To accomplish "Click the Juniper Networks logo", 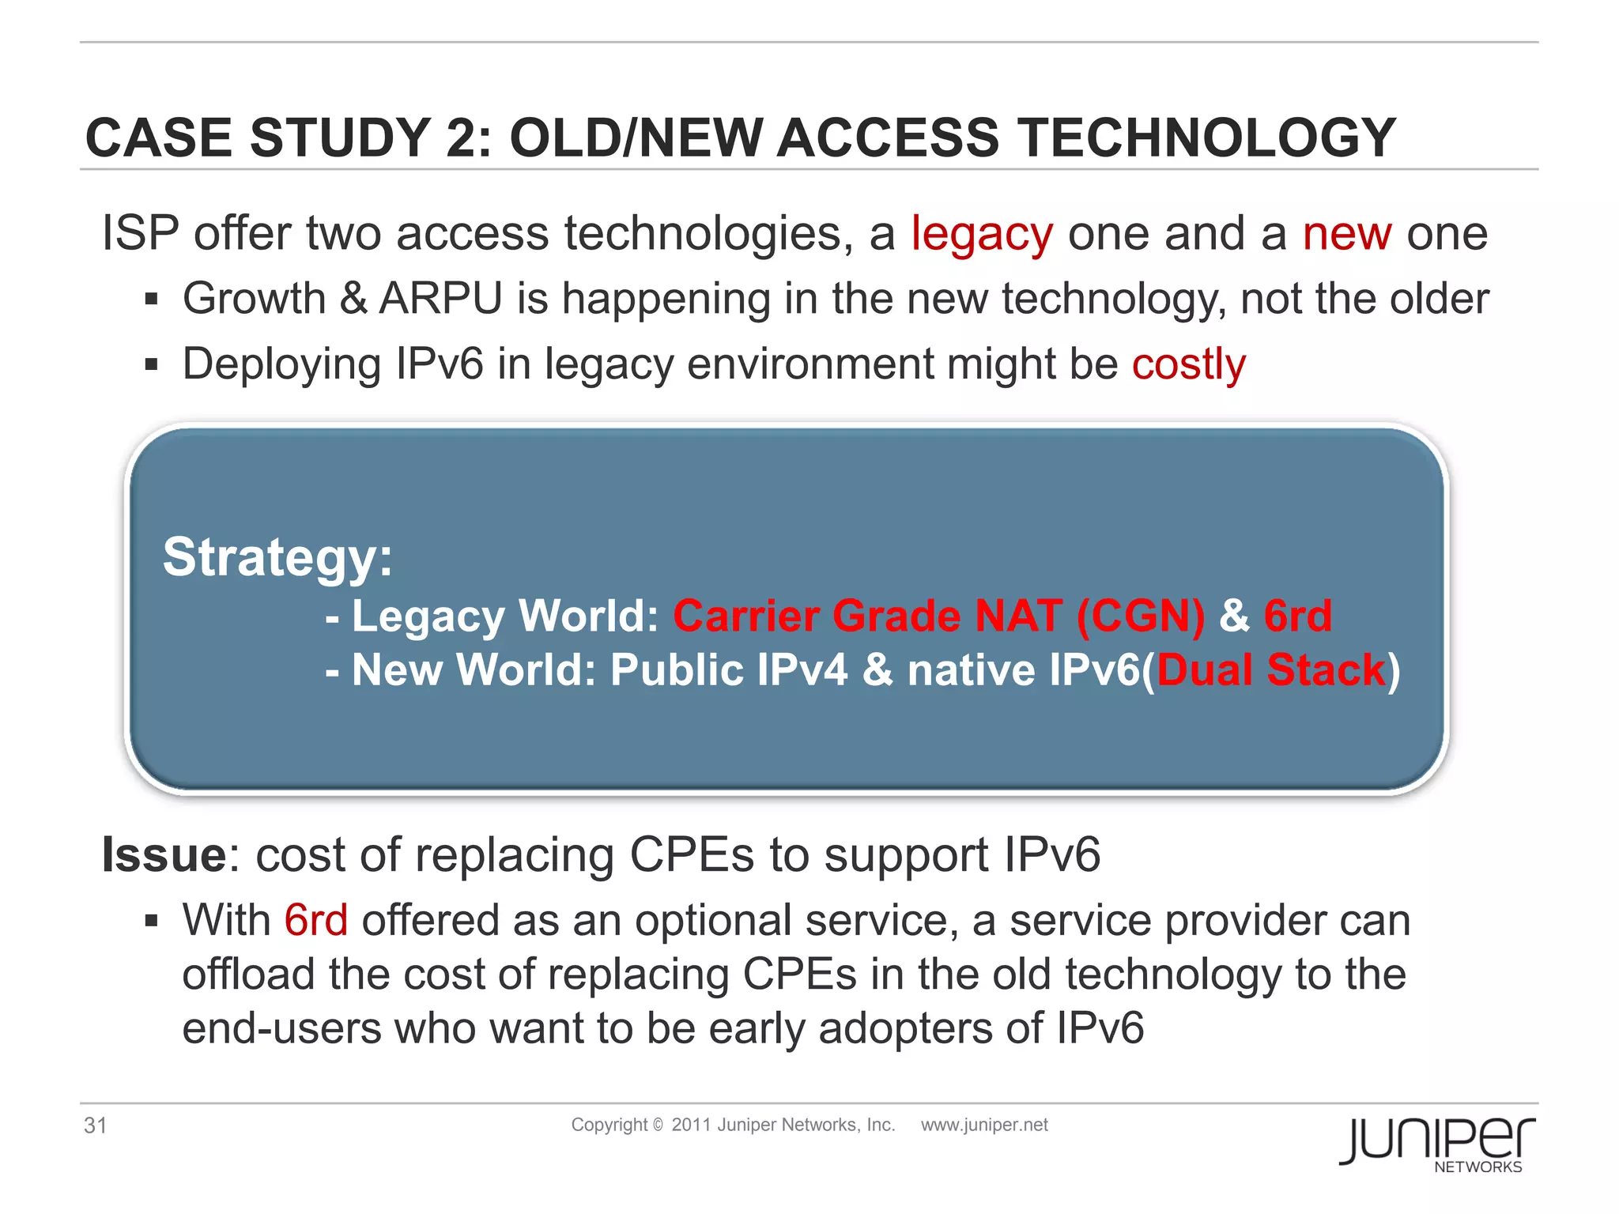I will [1437, 1143].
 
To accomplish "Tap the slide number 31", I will [95, 1125].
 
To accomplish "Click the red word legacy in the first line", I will [982, 235].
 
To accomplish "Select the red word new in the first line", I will [1346, 235].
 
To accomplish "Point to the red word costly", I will [1188, 365].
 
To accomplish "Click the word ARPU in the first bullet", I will [441, 300].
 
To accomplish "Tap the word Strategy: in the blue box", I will [277, 557].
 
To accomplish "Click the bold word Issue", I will [164, 855].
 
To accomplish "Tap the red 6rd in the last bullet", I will [315, 921].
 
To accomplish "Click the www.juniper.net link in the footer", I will [984, 1125].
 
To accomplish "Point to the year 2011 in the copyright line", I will [691, 1125].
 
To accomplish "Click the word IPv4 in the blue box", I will [802, 670].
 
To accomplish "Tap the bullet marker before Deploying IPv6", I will [152, 365].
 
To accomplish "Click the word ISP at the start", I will [140, 235].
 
